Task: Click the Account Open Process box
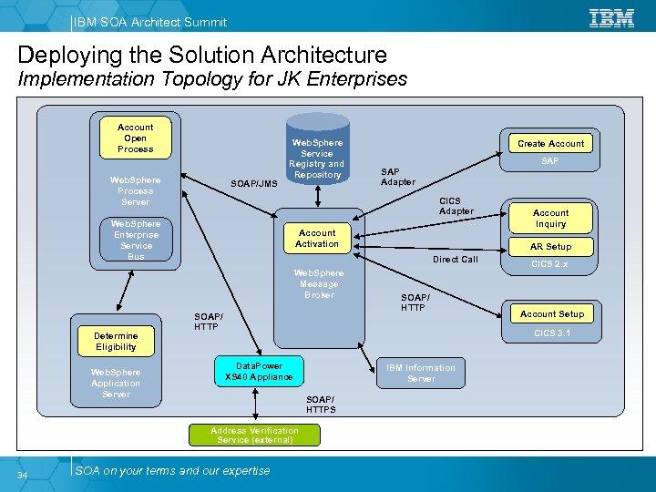(135, 138)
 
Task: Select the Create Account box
(550, 143)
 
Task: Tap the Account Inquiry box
(550, 218)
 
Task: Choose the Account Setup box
(552, 313)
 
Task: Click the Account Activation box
(317, 238)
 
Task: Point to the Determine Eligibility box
(116, 341)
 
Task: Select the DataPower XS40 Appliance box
(259, 372)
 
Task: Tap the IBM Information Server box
(420, 373)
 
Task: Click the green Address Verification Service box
(254, 435)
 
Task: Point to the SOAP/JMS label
(254, 183)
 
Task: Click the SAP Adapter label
(397, 176)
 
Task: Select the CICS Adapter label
(456, 206)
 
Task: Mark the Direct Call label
(455, 260)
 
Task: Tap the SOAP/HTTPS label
(321, 405)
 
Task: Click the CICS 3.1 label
(552, 333)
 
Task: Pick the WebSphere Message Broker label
(319, 283)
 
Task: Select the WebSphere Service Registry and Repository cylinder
(317, 150)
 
